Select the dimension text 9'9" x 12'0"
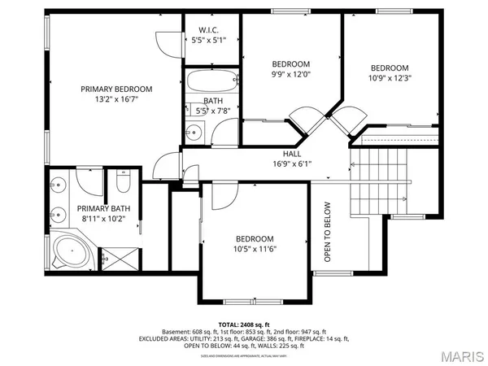tap(290, 75)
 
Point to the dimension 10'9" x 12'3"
tap(390, 79)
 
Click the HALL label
tap(292, 153)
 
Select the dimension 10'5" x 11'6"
tap(256, 249)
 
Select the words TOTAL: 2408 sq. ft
tap(243, 323)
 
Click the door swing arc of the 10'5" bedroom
tap(223, 194)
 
